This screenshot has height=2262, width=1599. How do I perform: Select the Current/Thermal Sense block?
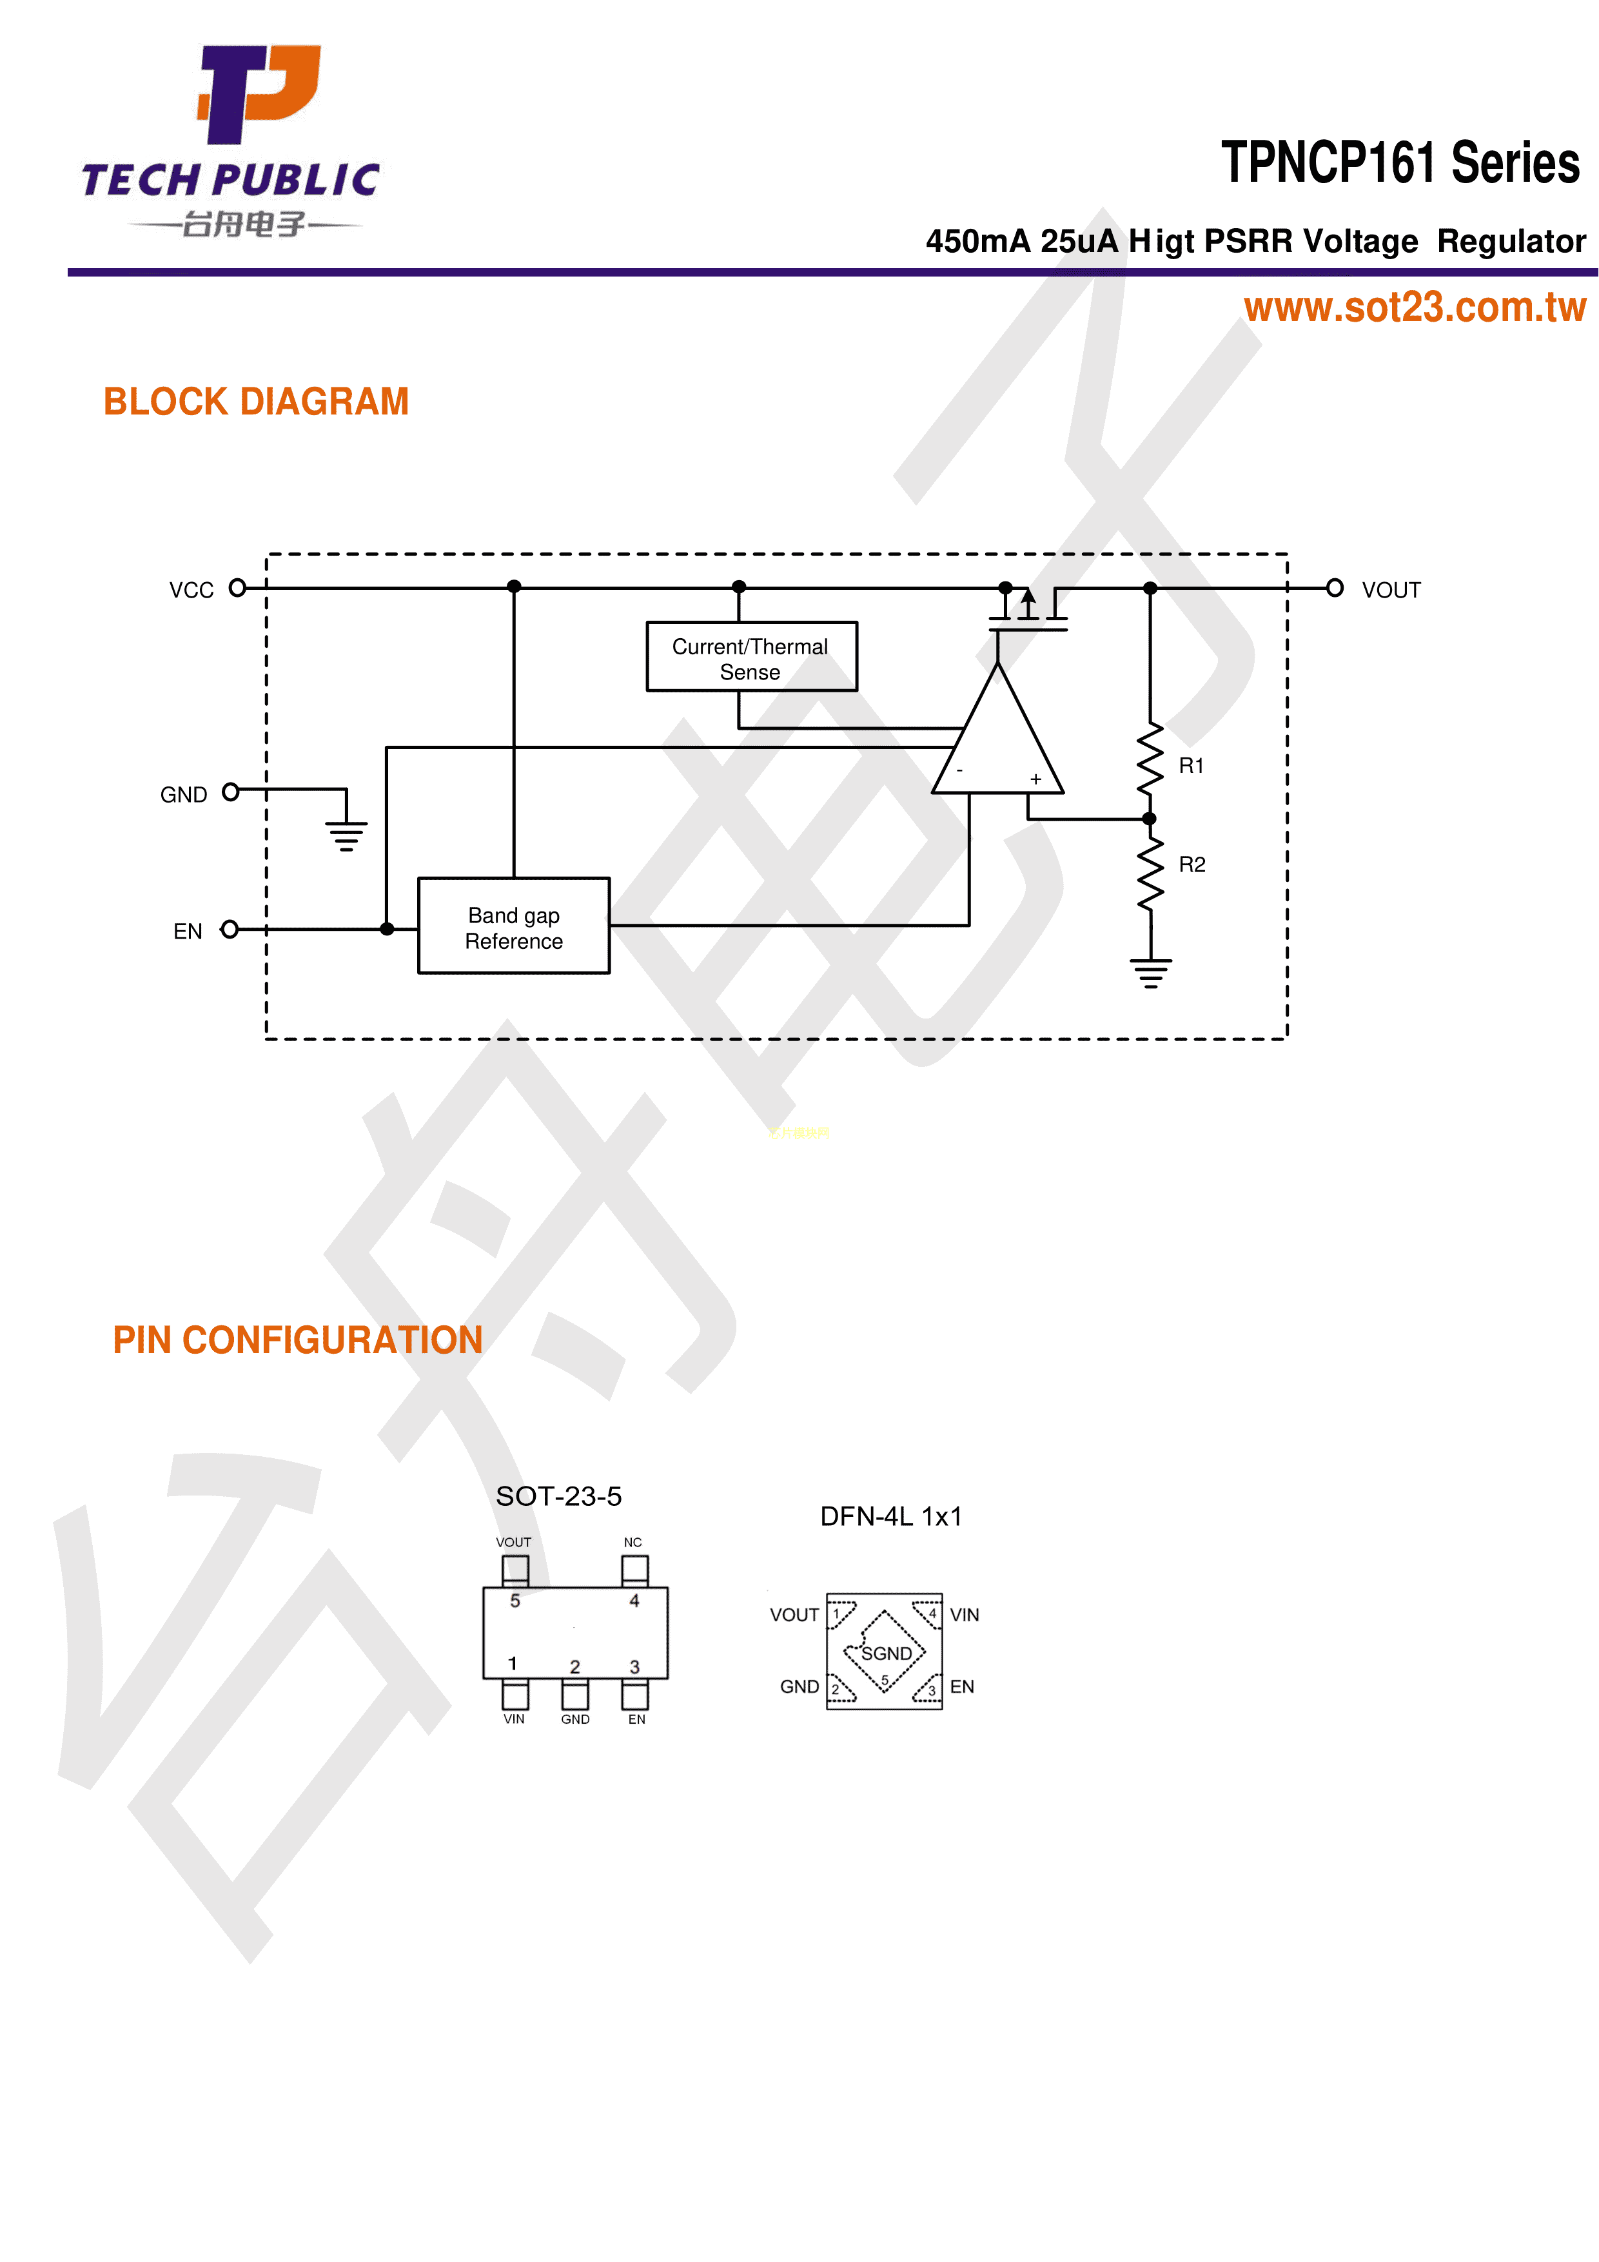[x=750, y=657]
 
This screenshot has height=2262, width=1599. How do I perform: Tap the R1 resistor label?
[x=1191, y=765]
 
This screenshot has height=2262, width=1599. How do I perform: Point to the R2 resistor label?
[x=1192, y=864]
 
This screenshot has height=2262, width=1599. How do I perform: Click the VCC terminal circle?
[x=237, y=588]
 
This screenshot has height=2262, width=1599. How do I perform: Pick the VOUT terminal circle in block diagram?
[x=1334, y=588]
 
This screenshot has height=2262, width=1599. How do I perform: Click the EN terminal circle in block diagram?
[x=230, y=929]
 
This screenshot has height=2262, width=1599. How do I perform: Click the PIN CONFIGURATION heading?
[x=297, y=1340]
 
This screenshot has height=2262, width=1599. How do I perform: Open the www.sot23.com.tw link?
[x=1415, y=307]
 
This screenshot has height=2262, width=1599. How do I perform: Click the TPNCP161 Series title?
[x=1400, y=162]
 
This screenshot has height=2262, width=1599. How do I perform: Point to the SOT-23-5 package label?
[x=558, y=1497]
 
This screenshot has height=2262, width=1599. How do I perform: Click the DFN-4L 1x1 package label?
[x=890, y=1516]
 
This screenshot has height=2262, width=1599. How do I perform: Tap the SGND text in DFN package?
[x=887, y=1653]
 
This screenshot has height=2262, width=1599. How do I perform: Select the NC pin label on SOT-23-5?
[x=633, y=1543]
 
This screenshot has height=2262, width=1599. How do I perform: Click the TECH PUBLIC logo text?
[x=231, y=180]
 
